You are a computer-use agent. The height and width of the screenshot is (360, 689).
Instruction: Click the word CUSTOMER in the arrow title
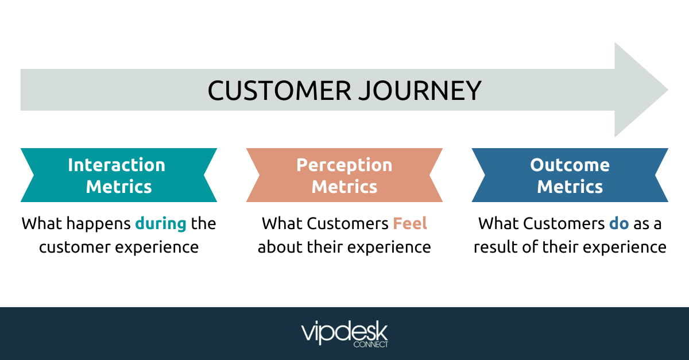(275, 91)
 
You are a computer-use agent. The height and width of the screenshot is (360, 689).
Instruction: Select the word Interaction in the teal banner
(117, 165)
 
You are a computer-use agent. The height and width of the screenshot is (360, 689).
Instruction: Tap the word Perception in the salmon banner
(344, 165)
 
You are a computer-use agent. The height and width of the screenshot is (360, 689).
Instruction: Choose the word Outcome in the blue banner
(570, 165)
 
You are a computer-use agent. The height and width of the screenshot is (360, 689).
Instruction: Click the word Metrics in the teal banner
(119, 187)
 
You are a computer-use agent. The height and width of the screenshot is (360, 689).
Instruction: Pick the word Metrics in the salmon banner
(344, 187)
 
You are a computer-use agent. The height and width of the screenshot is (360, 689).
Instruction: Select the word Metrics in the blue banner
(570, 187)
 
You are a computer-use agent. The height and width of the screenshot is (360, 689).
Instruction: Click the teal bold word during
(161, 223)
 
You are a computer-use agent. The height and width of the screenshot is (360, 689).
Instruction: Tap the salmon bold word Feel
(410, 223)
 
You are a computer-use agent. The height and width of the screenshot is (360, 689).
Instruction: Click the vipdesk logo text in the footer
(344, 332)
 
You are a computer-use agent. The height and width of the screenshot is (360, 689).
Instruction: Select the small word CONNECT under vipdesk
(370, 344)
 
